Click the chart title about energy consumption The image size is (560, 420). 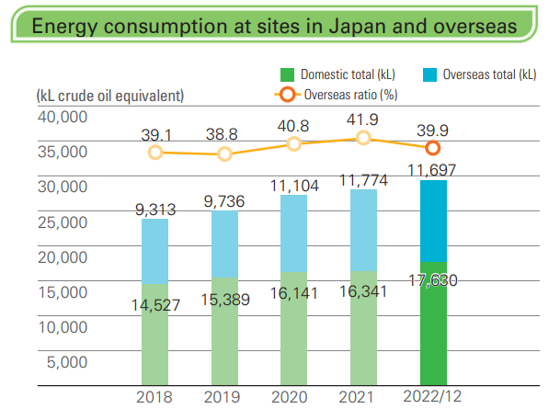click(x=273, y=25)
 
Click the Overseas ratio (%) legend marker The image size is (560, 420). click(x=287, y=95)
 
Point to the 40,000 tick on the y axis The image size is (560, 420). click(x=63, y=117)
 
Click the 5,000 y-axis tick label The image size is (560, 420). click(x=67, y=361)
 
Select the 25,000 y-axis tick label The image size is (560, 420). click(x=63, y=221)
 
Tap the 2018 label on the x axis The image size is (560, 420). click(x=154, y=397)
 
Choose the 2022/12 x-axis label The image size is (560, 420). click(x=433, y=397)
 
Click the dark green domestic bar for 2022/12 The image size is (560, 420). click(x=433, y=331)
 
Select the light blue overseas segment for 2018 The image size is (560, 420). click(x=154, y=251)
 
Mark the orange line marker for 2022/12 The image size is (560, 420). click(x=433, y=148)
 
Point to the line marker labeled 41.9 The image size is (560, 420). click(x=364, y=138)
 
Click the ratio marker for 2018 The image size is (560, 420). click(x=154, y=153)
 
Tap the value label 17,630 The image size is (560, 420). click(x=433, y=280)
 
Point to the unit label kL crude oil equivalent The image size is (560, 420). click(x=109, y=95)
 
